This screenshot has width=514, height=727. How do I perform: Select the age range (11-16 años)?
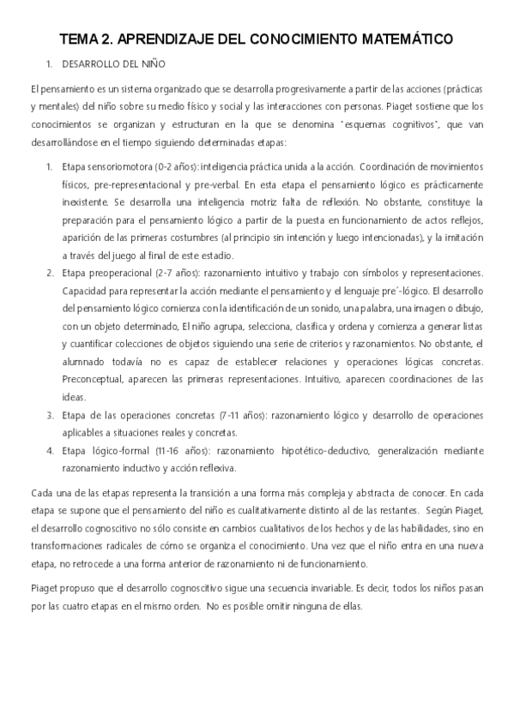(183, 451)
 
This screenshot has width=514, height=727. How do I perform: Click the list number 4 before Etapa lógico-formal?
(51, 451)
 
